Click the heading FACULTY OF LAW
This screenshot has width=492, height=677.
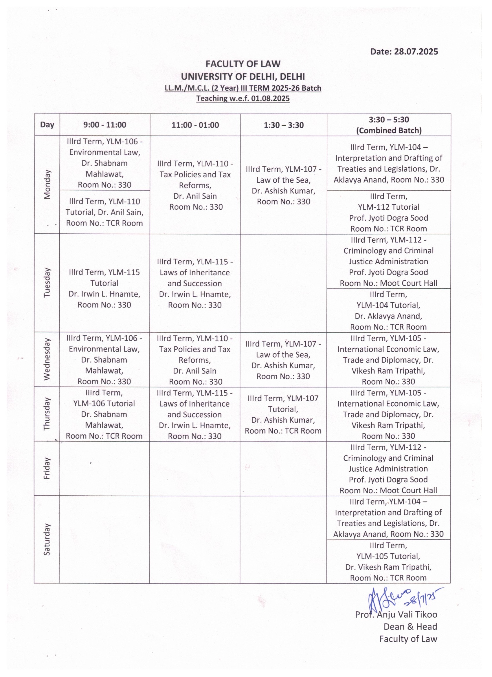click(x=243, y=64)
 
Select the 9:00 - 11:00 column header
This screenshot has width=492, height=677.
click(x=105, y=125)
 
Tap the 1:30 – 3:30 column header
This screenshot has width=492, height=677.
click(x=283, y=125)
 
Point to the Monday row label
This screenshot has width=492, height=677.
click(x=47, y=184)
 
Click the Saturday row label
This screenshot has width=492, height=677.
click(x=47, y=539)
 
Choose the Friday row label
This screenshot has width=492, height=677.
click(x=47, y=468)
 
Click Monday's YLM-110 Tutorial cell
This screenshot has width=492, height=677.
click(x=104, y=212)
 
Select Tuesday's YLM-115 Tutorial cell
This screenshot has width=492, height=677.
click(x=104, y=288)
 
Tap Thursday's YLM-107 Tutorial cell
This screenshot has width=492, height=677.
click(x=283, y=414)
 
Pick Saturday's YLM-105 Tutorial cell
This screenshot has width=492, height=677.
click(x=388, y=561)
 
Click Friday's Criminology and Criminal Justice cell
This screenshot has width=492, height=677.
click(x=388, y=469)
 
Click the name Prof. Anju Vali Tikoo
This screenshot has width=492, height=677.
click(x=396, y=614)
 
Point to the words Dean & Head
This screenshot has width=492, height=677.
click(x=410, y=627)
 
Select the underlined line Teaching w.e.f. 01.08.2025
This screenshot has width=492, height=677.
click(x=243, y=98)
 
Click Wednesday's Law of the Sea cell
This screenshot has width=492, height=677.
click(x=283, y=360)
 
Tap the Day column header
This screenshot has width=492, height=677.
click(x=47, y=125)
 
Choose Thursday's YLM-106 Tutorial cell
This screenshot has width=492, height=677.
click(x=104, y=414)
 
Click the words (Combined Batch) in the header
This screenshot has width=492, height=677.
click(x=389, y=130)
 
